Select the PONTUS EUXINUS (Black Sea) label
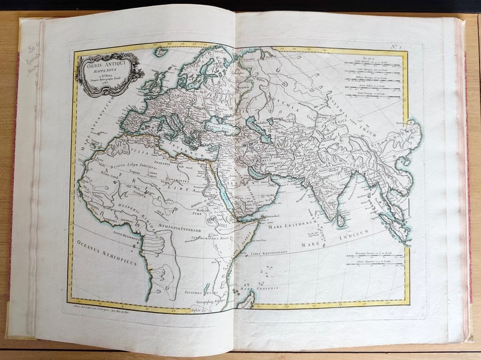tap(221, 127)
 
